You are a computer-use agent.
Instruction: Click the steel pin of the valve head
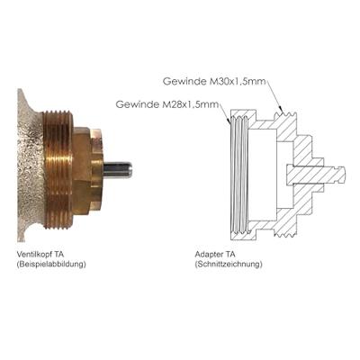pos(118,168)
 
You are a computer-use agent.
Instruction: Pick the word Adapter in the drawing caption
pos(209,254)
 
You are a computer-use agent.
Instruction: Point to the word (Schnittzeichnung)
pos(229,265)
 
